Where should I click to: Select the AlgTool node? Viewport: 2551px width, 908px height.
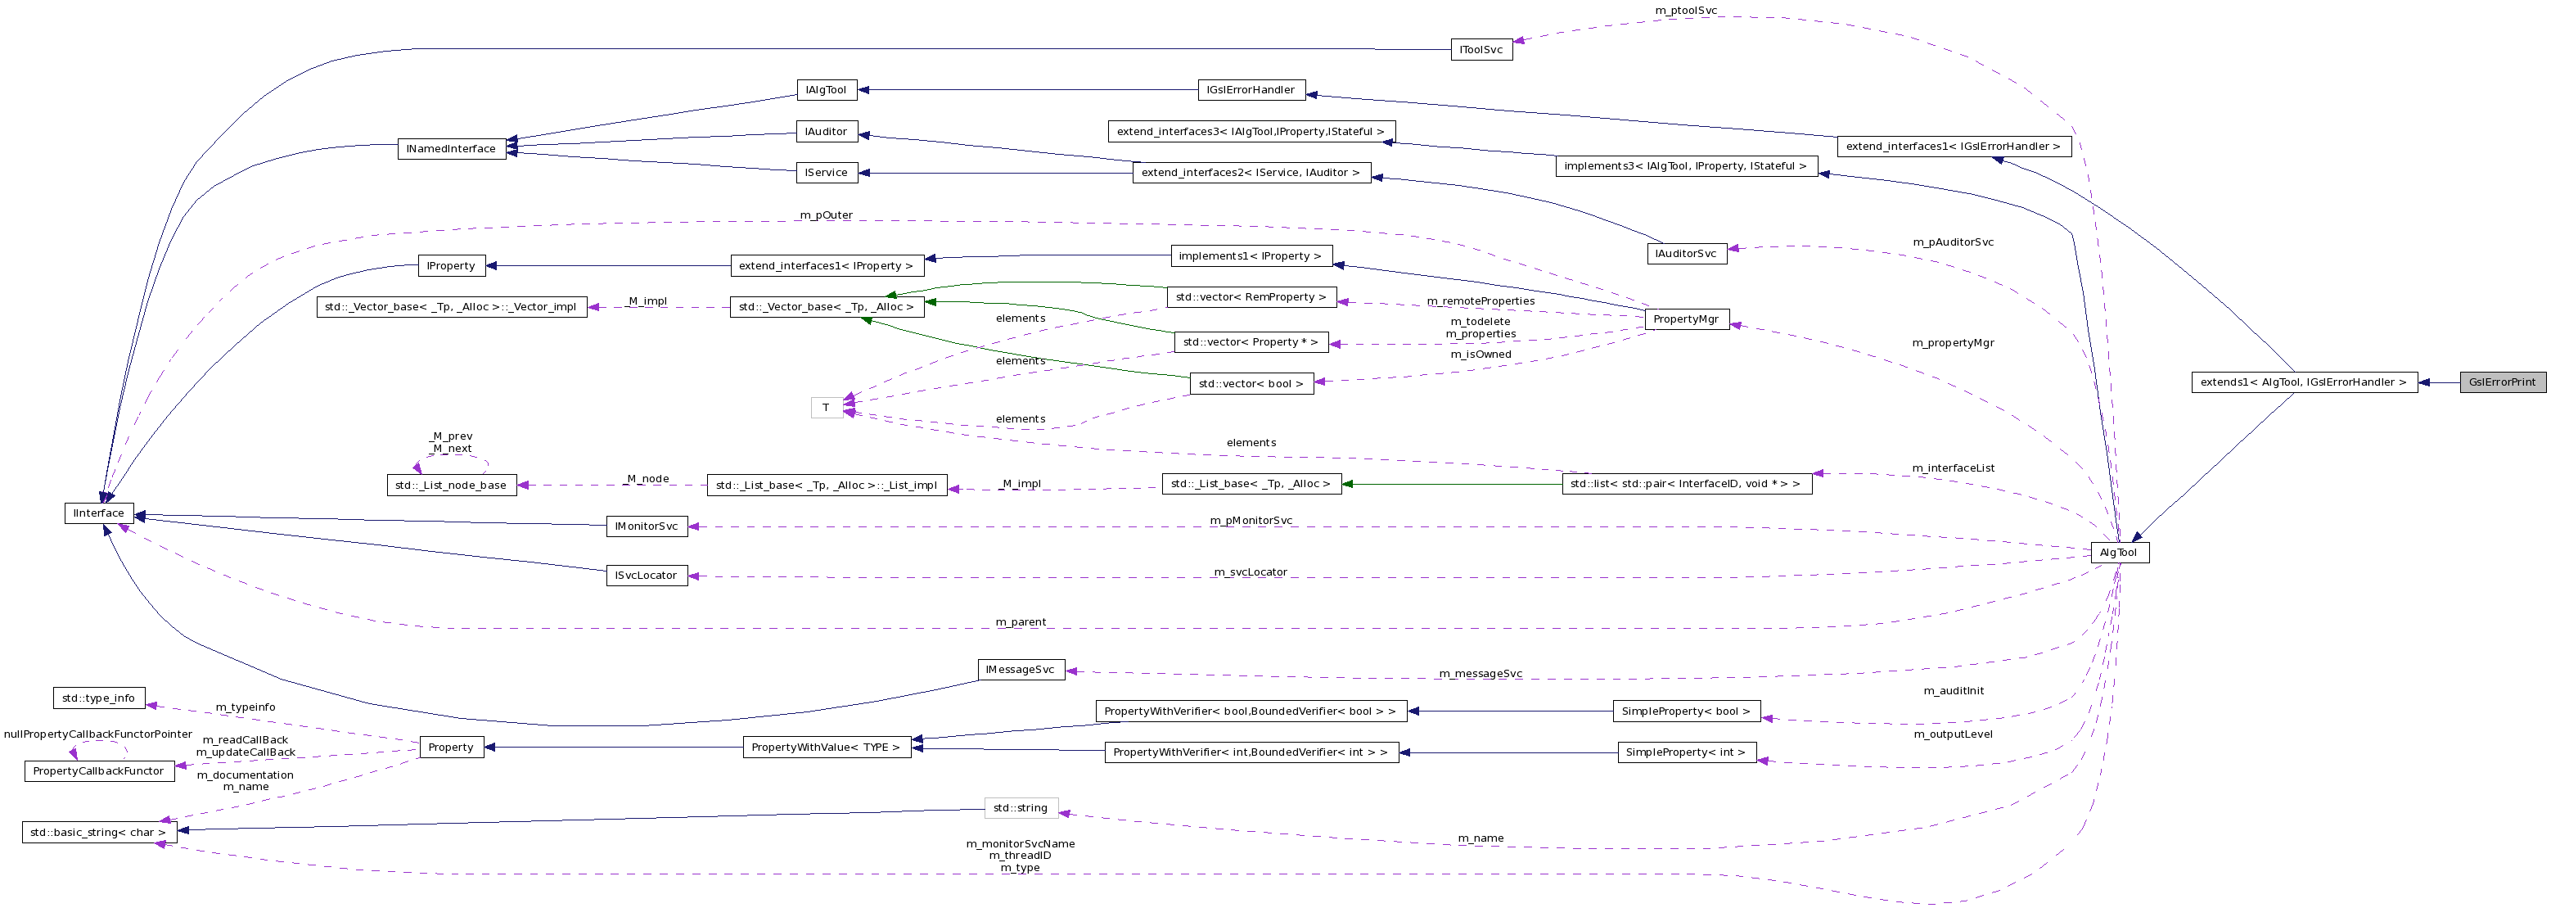[2118, 553]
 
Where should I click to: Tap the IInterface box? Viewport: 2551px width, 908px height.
[99, 513]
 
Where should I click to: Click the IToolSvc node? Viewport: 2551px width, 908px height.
[1481, 49]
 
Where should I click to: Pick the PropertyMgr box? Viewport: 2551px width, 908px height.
[1685, 318]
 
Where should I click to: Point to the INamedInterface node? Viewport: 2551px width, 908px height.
[451, 148]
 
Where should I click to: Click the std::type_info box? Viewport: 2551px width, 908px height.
[98, 698]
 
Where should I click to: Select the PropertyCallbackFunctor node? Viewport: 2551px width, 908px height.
[98, 770]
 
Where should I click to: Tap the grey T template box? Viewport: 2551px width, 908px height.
[826, 407]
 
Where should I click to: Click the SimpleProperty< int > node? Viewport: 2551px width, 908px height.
[1685, 752]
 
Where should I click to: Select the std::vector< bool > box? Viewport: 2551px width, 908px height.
[1251, 383]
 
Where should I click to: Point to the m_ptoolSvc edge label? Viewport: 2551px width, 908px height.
[1685, 10]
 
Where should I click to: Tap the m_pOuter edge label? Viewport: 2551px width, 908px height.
[825, 215]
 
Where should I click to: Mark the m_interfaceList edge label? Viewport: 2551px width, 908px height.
[1952, 468]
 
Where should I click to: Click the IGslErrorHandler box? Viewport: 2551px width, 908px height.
[1250, 90]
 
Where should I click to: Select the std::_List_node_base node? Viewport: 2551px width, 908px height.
[451, 486]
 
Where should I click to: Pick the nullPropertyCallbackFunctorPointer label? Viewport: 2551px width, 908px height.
[98, 734]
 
